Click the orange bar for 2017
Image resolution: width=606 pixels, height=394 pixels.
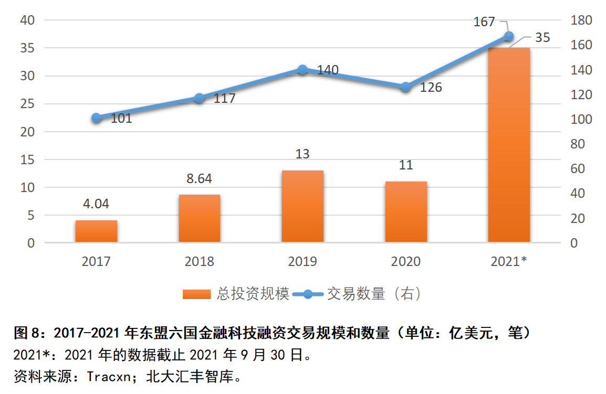(96, 231)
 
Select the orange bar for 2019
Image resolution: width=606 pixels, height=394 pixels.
(302, 206)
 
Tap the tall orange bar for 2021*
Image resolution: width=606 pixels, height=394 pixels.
(509, 145)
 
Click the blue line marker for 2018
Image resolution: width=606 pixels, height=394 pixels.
(200, 98)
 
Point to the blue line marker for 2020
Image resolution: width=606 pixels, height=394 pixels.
(406, 87)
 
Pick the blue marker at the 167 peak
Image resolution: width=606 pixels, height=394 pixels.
(509, 36)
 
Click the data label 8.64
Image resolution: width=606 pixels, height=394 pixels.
(199, 178)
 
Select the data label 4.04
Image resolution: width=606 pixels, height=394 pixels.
(96, 204)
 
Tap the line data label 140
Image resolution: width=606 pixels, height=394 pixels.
(328, 70)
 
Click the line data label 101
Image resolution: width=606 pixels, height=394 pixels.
(121, 118)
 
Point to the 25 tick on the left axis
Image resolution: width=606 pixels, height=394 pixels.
(27, 103)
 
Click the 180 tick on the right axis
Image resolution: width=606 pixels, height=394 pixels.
(581, 20)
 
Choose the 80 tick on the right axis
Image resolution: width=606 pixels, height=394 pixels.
(578, 144)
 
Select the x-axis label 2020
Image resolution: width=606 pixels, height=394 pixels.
(406, 261)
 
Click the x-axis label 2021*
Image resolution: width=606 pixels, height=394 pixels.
(509, 261)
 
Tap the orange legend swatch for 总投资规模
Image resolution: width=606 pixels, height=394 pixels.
(197, 294)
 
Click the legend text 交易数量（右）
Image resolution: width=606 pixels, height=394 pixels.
(374, 294)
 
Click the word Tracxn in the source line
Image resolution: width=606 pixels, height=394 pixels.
(109, 376)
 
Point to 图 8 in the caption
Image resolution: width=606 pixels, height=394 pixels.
(27, 333)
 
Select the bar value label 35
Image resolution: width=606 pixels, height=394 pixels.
(542, 37)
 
